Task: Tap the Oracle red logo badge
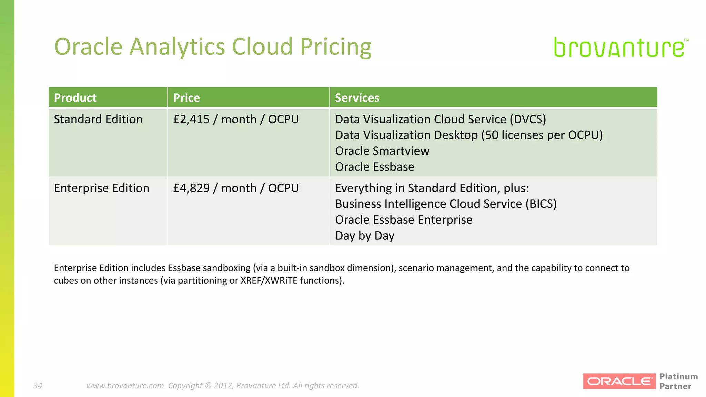coord(619,381)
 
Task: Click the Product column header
coord(75,98)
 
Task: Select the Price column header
coord(186,98)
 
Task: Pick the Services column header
coord(357,98)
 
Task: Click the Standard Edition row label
coord(98,119)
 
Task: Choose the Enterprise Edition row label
coord(102,188)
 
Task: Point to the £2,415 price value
coord(191,119)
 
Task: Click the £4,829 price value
coord(191,188)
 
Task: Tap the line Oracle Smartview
coord(382,151)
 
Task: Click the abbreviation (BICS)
coord(541,204)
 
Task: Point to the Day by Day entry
coord(365,236)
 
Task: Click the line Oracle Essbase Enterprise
coord(404,220)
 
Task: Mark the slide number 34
coord(38,385)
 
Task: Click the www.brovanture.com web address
coord(125,385)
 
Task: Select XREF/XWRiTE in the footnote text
coord(269,281)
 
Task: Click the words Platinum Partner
coord(678,381)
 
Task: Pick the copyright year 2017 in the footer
coord(224,385)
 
